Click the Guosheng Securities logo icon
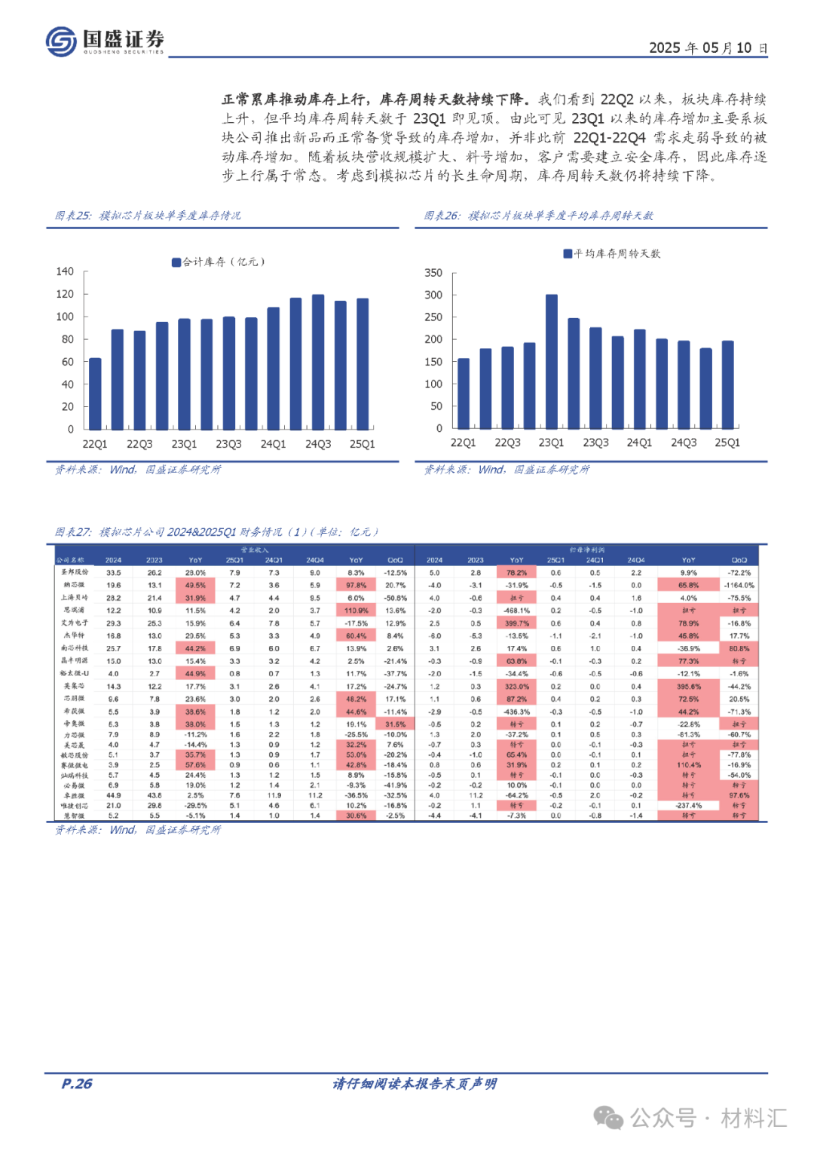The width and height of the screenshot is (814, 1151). (x=61, y=41)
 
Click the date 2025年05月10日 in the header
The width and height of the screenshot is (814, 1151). (x=708, y=48)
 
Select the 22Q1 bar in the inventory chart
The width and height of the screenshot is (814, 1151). (x=95, y=393)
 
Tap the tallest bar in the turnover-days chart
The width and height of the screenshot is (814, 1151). (x=552, y=361)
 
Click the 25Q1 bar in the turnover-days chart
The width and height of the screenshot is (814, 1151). (x=727, y=384)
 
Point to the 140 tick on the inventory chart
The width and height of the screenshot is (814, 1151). (x=66, y=271)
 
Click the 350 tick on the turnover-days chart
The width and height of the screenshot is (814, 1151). (x=433, y=273)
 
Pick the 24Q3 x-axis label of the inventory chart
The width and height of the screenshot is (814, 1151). (x=318, y=444)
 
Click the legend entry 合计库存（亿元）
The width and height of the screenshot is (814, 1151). (x=219, y=262)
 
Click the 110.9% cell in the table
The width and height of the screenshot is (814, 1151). (x=356, y=611)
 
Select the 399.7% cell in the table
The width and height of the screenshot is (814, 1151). (x=516, y=623)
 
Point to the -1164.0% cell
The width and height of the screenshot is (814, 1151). (x=739, y=585)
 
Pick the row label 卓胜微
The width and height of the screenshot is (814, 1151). (x=74, y=795)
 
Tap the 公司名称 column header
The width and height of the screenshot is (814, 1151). (x=70, y=560)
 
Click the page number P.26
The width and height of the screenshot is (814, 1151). (x=77, y=1084)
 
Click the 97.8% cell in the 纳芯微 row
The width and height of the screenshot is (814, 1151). (x=356, y=585)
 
